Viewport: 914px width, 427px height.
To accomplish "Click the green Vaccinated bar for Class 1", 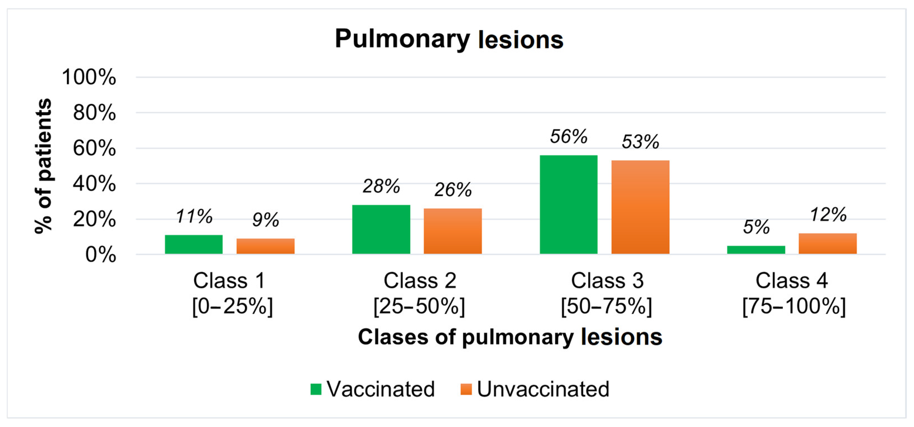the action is tap(194, 244).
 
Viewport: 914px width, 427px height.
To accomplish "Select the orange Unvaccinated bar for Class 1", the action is tap(265, 246).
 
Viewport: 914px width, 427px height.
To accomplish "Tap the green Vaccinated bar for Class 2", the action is tap(381, 230).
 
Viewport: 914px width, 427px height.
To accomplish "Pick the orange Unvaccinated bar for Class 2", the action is tap(453, 231).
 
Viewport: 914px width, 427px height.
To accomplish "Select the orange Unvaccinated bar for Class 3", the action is tap(640, 207).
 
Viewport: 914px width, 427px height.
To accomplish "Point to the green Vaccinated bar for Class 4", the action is tap(756, 250).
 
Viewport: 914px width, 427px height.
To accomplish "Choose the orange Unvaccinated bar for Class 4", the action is tap(828, 244).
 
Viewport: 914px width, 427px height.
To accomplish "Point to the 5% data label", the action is tap(756, 227).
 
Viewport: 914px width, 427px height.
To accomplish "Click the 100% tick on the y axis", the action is tap(89, 77).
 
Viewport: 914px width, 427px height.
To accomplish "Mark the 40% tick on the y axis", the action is tap(94, 184).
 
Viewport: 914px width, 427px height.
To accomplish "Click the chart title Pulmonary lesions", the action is tap(449, 39).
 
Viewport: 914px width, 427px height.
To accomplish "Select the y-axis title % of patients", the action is tap(44, 166).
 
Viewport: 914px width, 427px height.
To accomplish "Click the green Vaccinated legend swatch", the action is tap(316, 389).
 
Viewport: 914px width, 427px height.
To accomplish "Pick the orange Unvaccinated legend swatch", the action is tap(466, 389).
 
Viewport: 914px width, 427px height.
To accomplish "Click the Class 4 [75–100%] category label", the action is tap(794, 294).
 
